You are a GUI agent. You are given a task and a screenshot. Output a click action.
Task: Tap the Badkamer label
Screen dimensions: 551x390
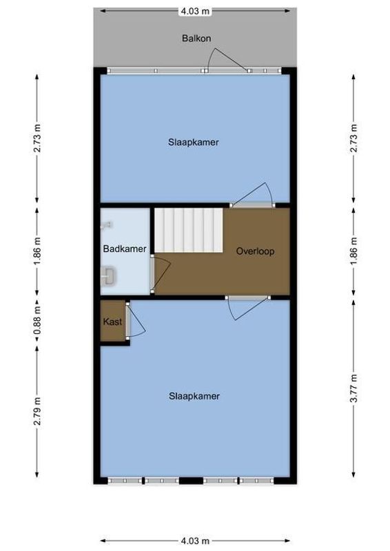click(x=125, y=249)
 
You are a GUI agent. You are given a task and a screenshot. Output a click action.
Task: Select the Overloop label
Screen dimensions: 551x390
click(x=255, y=251)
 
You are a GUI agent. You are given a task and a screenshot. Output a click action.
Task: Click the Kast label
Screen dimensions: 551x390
click(x=112, y=322)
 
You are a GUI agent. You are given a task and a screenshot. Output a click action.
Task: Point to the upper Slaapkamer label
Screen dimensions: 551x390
click(x=194, y=143)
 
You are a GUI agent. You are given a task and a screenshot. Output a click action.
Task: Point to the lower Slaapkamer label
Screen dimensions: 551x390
click(x=194, y=396)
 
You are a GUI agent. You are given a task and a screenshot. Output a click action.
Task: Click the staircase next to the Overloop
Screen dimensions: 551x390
click(x=188, y=231)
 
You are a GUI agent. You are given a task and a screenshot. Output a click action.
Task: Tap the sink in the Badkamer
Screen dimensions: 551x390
click(x=109, y=277)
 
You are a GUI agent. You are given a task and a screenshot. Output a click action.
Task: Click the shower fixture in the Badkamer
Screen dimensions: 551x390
click(x=107, y=225)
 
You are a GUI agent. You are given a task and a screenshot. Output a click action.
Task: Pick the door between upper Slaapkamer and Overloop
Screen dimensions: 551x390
click(x=254, y=195)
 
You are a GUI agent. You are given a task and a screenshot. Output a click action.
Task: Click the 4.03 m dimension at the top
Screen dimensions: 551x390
click(x=195, y=11)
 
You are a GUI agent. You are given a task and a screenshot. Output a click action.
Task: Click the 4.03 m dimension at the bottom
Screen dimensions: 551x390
click(x=195, y=541)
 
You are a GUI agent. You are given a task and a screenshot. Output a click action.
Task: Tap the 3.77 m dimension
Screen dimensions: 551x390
click(x=353, y=388)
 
